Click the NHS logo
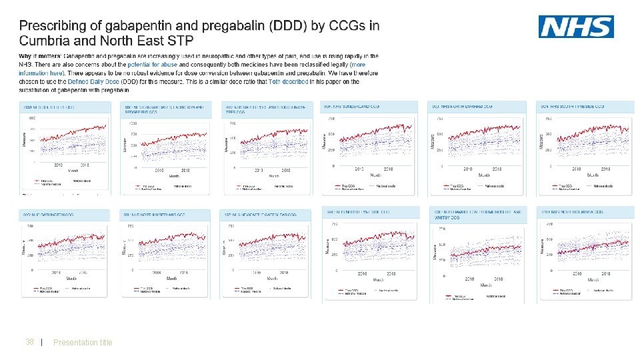coord(576,27)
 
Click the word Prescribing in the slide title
coord(52,25)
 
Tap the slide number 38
coord(29,342)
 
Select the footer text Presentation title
coord(83,342)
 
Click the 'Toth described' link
coord(289,81)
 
